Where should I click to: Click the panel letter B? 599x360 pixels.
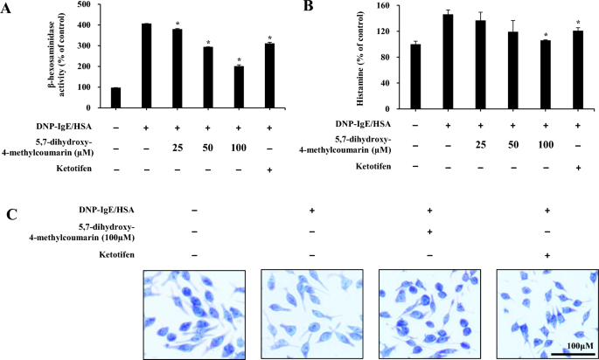tap(308, 7)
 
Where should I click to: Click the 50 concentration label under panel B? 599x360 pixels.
tap(511, 142)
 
